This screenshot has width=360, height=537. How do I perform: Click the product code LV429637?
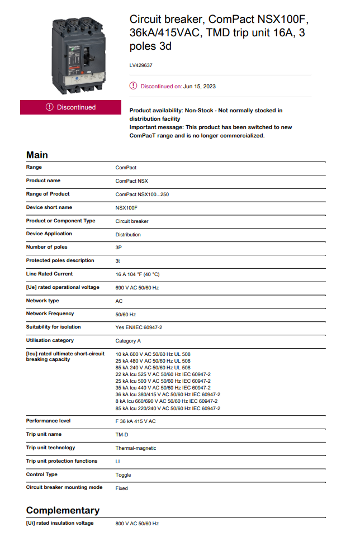point(141,65)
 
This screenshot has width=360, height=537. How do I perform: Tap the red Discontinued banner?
point(70,107)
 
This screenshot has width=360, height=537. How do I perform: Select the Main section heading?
point(37,155)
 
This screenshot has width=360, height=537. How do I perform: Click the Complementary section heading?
point(63,510)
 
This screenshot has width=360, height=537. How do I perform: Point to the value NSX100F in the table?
point(126,208)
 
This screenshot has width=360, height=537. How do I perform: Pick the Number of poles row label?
point(46,247)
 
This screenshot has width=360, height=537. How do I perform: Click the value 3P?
point(119,248)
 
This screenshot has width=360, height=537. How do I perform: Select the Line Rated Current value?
point(138,274)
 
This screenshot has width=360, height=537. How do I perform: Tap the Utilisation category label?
point(50,340)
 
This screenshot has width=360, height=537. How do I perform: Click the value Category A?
point(128,341)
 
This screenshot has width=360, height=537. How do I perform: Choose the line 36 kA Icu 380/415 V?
point(168,395)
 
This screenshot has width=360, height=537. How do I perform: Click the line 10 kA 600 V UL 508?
point(153,354)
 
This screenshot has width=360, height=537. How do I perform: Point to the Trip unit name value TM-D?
point(122,435)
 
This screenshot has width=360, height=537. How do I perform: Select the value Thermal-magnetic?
point(136,448)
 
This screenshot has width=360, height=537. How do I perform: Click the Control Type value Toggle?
point(123,475)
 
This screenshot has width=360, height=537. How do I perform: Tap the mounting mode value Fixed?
point(121,488)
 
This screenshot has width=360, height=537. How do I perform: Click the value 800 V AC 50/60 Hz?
point(137,524)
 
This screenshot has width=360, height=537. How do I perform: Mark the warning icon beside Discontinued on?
point(133,86)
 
